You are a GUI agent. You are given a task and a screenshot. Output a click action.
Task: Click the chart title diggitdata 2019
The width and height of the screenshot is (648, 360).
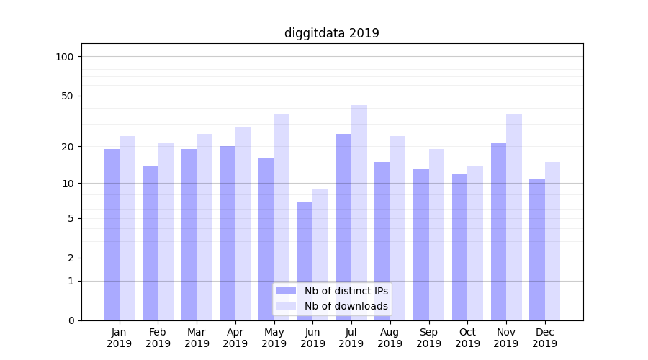(331, 33)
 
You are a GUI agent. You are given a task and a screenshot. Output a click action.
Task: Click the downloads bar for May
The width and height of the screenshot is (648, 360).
(282, 216)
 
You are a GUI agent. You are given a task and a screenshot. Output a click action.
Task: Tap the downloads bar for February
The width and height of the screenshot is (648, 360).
(166, 231)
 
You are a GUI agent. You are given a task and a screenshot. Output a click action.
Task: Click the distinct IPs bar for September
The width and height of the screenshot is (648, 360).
(421, 244)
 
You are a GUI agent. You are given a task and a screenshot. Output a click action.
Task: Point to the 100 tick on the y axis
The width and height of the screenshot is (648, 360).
(65, 57)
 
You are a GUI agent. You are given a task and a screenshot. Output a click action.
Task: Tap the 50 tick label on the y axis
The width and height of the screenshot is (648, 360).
(68, 96)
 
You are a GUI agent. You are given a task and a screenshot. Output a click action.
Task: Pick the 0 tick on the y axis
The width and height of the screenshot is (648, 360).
(71, 320)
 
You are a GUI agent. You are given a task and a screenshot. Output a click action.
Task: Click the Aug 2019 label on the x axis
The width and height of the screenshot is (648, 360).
(390, 338)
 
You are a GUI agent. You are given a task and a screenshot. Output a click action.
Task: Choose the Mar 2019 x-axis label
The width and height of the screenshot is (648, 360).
(197, 338)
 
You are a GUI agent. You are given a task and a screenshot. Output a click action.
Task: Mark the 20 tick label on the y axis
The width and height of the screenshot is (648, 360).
(68, 147)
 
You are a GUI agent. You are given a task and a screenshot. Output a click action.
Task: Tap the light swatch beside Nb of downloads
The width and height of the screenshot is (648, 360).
(287, 306)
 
